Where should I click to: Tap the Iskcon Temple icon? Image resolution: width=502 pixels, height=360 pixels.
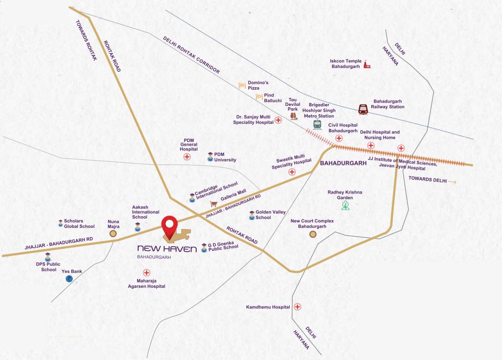367,65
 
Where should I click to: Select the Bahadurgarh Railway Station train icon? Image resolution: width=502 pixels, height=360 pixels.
363,109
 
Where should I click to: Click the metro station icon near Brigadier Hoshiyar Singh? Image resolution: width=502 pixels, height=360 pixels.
317,124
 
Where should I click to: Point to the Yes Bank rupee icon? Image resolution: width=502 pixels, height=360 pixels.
69,278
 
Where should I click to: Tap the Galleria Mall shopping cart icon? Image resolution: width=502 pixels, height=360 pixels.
214,204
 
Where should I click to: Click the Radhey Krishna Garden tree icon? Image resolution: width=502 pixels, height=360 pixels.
345,205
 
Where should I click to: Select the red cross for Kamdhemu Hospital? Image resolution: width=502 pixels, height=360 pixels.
297,307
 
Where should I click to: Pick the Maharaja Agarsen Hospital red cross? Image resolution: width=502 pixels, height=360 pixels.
147,272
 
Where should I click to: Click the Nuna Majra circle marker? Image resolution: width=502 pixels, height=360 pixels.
113,233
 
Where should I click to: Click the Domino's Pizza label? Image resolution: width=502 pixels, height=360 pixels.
258,85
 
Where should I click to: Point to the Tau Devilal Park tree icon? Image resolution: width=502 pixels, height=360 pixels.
294,115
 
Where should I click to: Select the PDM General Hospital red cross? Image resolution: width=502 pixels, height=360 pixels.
187,157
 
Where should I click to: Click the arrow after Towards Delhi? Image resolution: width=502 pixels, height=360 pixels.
452,181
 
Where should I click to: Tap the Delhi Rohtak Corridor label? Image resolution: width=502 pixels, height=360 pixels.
191,55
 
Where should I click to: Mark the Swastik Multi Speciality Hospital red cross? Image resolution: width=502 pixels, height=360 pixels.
292,172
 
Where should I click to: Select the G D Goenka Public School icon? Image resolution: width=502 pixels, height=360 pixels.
204,247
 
